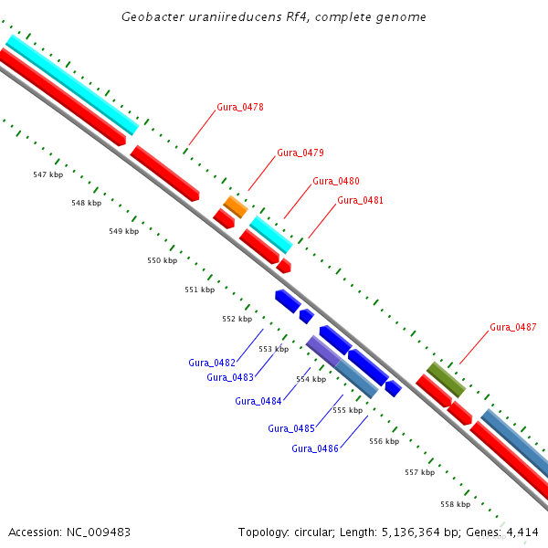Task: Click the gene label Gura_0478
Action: coord(240,107)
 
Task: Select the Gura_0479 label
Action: coord(300,153)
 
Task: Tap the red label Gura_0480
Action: coord(336,181)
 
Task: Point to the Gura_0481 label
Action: coord(361,200)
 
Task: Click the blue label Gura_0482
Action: coord(212,363)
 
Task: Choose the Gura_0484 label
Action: coord(258,401)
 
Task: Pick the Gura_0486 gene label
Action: coord(315,448)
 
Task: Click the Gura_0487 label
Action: coord(513,327)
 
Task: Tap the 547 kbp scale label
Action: coord(48,174)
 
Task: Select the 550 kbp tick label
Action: coord(163,260)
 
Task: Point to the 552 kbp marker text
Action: coord(237,319)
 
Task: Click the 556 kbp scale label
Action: coord(385,441)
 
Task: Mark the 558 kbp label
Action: coord(456,504)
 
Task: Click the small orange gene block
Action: coord(236,207)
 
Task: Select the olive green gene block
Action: coord(446,380)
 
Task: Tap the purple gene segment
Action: coord(323,351)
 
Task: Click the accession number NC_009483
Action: coord(99,532)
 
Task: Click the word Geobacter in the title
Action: coord(153,16)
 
